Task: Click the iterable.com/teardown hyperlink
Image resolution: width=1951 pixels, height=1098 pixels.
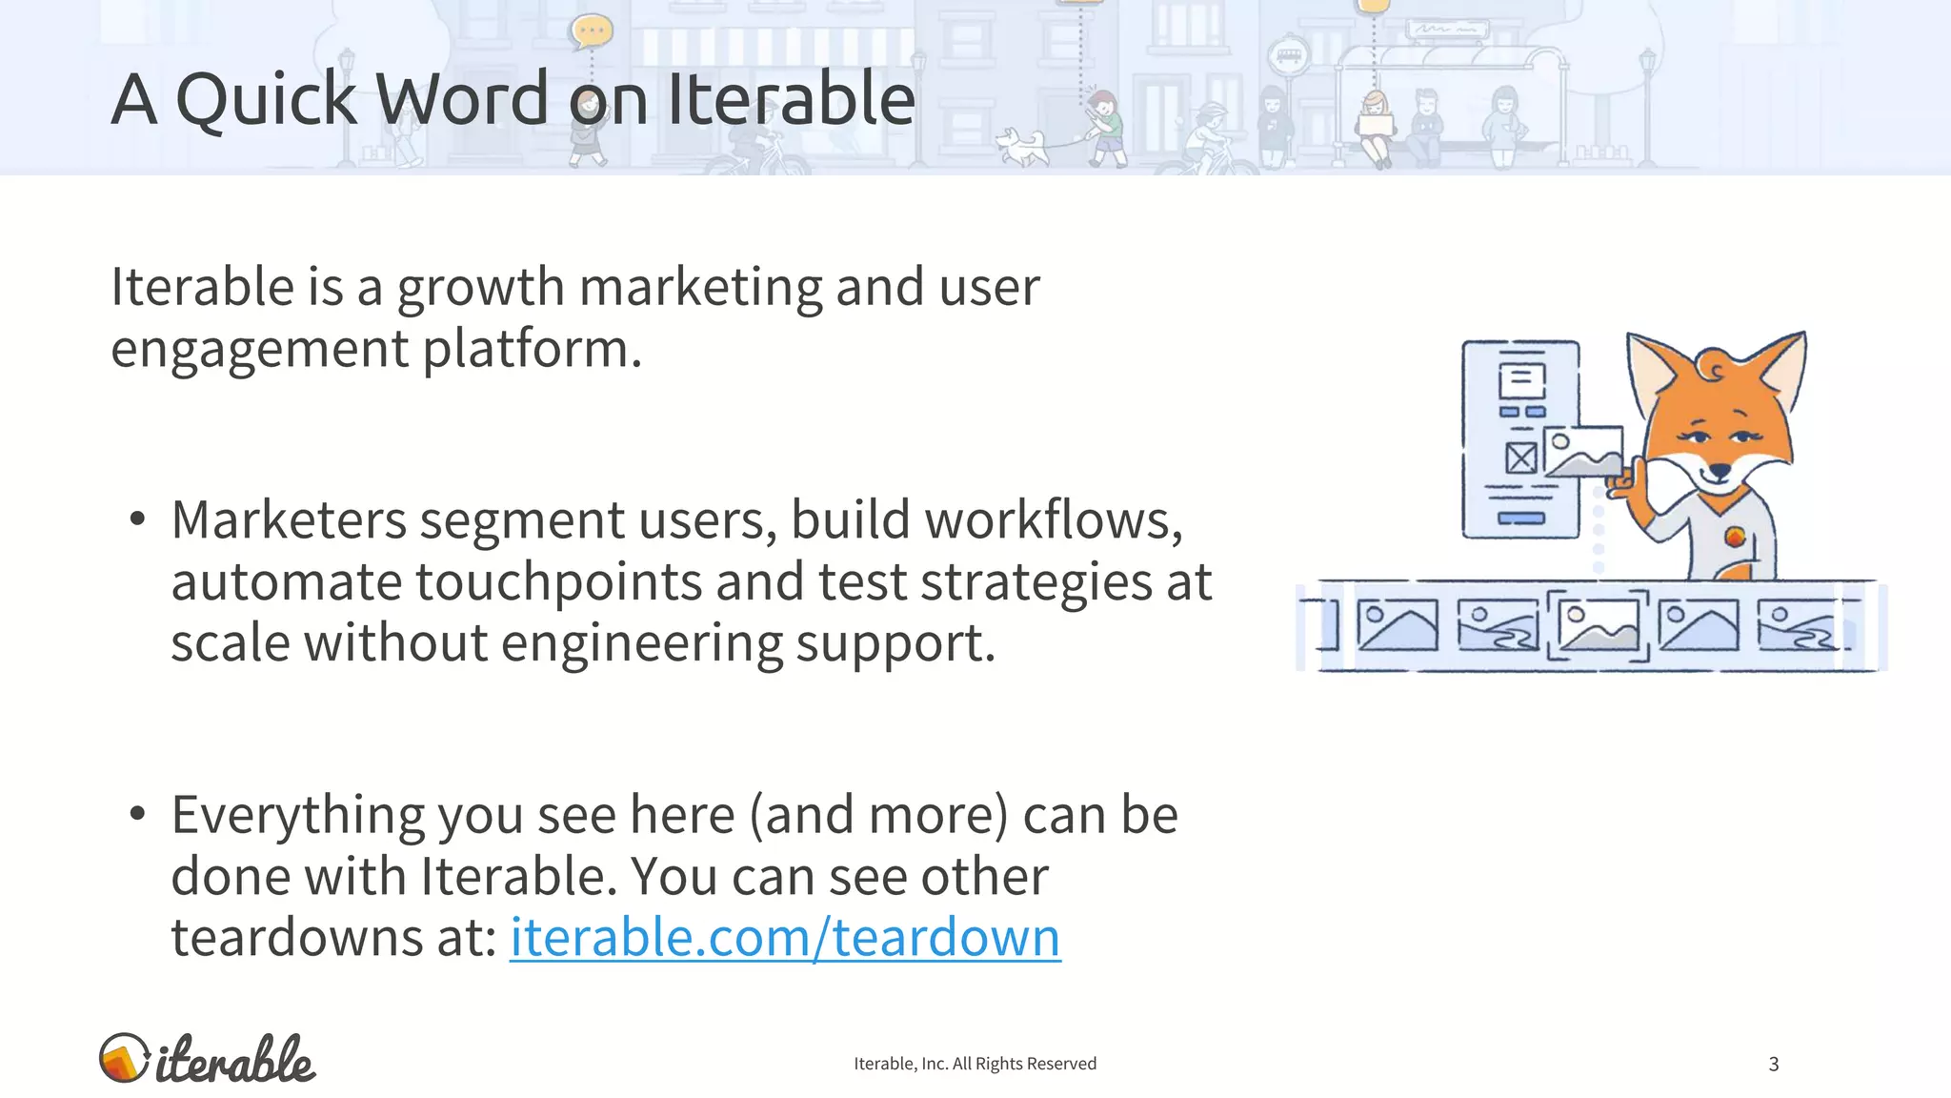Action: (785, 937)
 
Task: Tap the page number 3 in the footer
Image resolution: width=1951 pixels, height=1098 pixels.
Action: (1773, 1064)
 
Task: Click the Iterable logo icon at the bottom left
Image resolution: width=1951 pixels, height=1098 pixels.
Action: (124, 1058)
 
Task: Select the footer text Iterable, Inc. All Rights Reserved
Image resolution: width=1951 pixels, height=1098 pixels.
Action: (975, 1064)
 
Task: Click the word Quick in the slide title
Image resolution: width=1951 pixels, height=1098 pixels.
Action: (266, 100)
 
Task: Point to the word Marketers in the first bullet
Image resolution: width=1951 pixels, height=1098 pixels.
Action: (289, 521)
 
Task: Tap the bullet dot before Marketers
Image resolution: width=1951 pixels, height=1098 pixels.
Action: (138, 519)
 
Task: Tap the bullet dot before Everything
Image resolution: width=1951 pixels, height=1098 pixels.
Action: (138, 814)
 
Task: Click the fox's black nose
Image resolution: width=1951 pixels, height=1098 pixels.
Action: (1720, 469)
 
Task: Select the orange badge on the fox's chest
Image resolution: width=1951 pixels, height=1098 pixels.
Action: (1735, 537)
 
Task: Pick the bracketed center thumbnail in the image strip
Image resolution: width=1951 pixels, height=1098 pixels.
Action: (1598, 626)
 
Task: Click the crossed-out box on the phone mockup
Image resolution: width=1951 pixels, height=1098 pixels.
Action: (1520, 458)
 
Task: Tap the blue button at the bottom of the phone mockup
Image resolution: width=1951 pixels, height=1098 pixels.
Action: (1520, 518)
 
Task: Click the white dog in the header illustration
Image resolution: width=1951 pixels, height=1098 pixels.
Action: (1021, 147)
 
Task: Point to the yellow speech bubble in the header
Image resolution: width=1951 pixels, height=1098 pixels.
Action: (592, 32)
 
